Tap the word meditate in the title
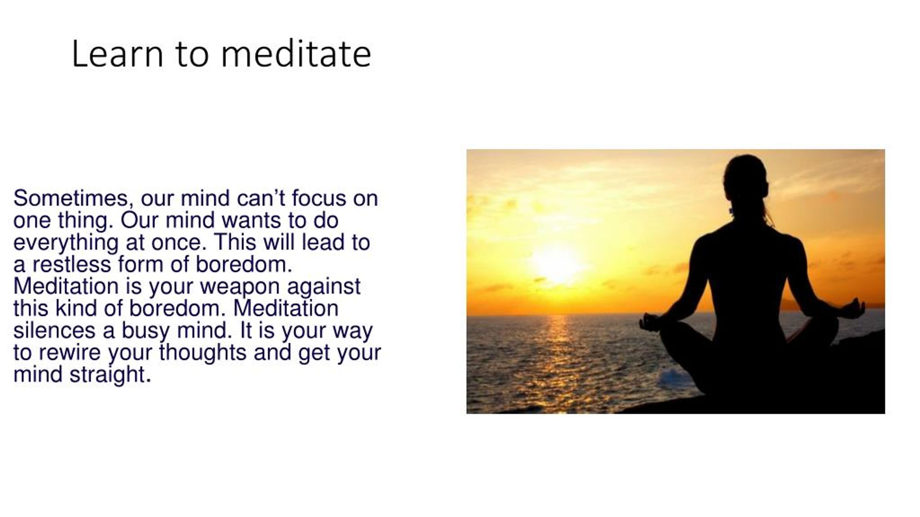pos(296,54)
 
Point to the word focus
pos(319,198)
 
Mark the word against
pos(323,288)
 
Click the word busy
pos(145,331)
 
